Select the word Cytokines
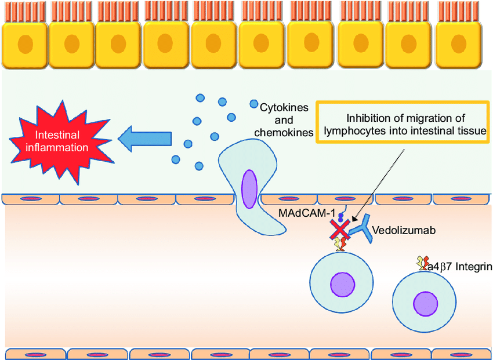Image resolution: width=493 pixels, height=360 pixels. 281,108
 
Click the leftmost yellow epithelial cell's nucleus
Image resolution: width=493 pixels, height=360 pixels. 26,44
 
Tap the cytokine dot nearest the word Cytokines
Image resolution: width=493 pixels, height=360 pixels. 253,104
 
